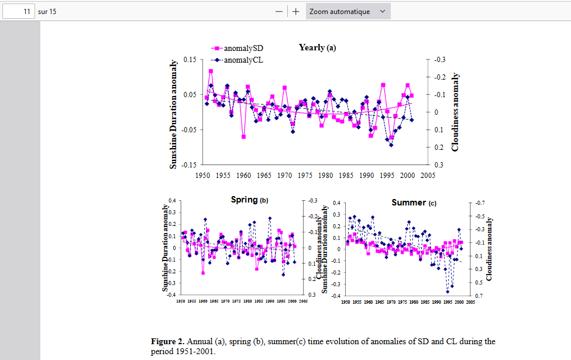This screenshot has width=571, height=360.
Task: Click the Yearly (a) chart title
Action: point(317,47)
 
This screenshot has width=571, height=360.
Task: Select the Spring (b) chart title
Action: point(249,200)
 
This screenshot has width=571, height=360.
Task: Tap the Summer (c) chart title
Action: point(414,203)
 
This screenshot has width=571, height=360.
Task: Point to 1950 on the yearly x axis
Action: point(203,175)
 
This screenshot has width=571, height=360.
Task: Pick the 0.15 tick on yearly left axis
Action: point(190,60)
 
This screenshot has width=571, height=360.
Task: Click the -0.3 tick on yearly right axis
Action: point(439,60)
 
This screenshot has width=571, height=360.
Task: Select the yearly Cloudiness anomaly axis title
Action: point(455,112)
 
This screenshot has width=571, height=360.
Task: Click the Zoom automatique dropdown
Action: point(348,11)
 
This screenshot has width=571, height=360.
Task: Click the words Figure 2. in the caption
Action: point(168,341)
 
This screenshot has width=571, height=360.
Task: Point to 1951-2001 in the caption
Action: point(196,352)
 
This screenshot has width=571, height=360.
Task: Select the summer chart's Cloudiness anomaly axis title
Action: point(490,249)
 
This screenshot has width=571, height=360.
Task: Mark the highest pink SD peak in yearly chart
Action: point(211,71)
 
